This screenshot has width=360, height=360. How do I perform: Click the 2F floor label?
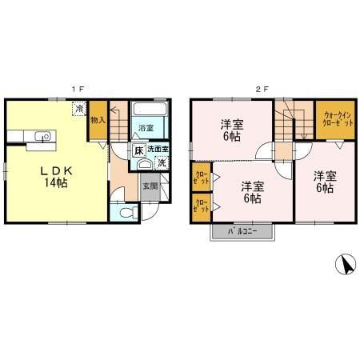260,90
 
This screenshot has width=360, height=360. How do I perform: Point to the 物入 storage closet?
98,121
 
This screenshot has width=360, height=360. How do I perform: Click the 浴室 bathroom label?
146,128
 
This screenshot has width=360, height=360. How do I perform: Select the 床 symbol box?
138,150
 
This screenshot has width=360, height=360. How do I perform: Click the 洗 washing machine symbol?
162,164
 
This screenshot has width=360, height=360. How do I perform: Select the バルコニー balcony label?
243,231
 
